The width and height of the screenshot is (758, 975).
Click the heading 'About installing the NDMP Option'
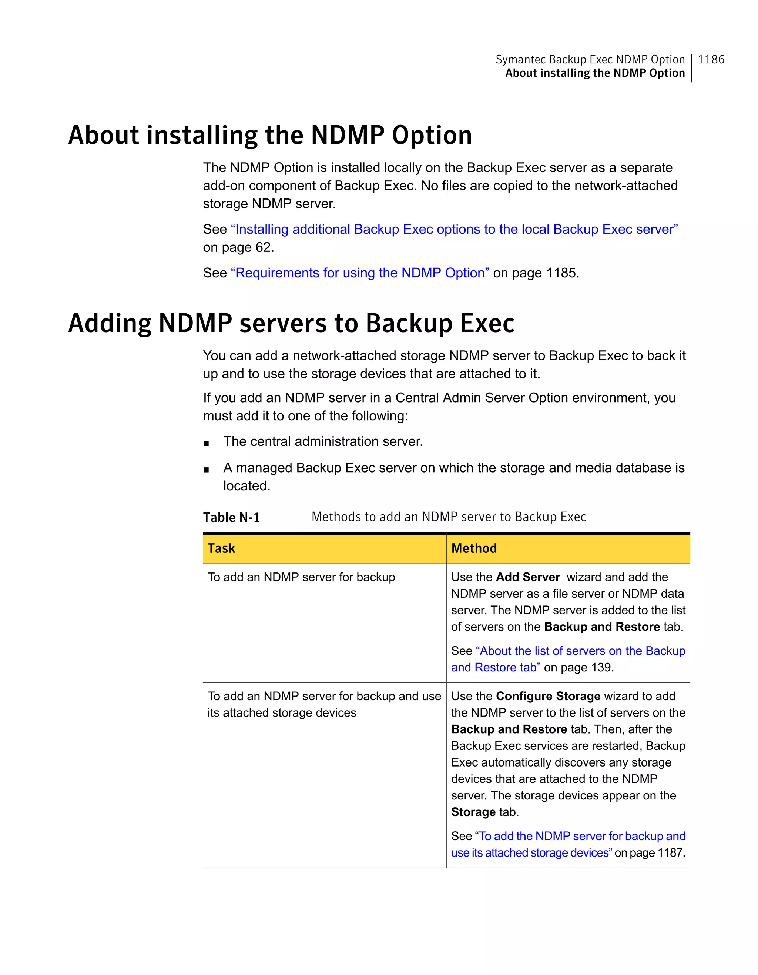pyautogui.click(x=270, y=135)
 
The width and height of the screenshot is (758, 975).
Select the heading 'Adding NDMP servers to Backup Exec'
pyautogui.click(x=291, y=323)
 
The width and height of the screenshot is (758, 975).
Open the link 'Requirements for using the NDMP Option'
pyautogui.click(x=360, y=273)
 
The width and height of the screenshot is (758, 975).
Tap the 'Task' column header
pyautogui.click(x=221, y=548)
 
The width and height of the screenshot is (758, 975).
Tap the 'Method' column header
pyautogui.click(x=474, y=548)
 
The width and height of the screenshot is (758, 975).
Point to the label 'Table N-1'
pyautogui.click(x=231, y=517)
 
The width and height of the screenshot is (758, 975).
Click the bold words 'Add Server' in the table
pyautogui.click(x=527, y=577)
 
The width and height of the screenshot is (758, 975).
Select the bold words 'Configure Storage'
pyautogui.click(x=548, y=696)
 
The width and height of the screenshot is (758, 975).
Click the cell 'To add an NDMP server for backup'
pyautogui.click(x=301, y=577)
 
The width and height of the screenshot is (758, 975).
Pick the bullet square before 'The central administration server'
pyautogui.click(x=206, y=443)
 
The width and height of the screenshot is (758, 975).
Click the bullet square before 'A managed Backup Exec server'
pyautogui.click(x=206, y=470)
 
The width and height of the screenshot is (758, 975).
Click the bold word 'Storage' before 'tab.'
pyautogui.click(x=473, y=812)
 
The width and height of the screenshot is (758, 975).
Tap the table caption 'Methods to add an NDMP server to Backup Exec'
pyautogui.click(x=448, y=517)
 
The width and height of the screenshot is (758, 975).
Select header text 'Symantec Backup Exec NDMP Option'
pyautogui.click(x=590, y=59)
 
